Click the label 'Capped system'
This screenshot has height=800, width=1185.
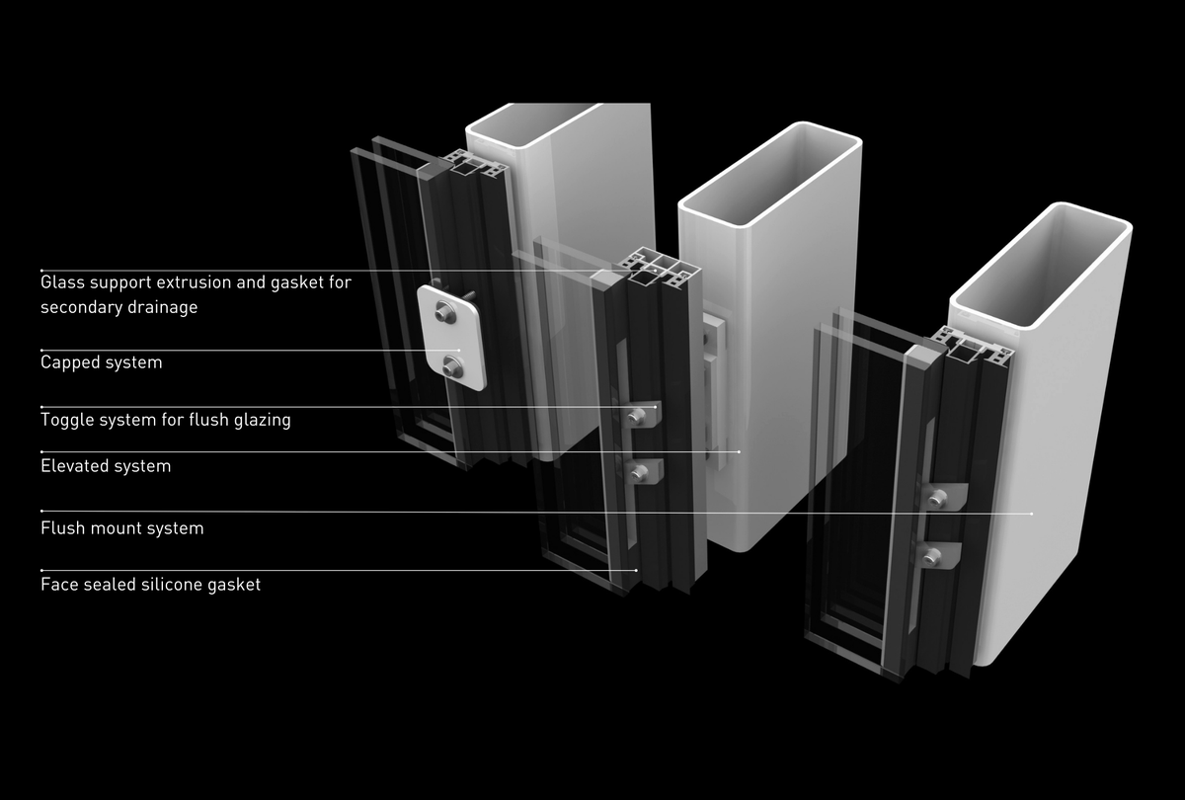coord(101,362)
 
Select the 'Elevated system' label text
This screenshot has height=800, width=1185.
coord(106,466)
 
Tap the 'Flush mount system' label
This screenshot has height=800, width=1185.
coord(122,528)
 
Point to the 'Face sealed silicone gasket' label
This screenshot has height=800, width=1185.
coord(150,585)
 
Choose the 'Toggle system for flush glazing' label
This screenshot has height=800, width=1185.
coord(165,420)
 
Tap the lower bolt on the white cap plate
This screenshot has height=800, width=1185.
coord(454,366)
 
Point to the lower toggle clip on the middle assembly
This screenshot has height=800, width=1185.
coord(643,473)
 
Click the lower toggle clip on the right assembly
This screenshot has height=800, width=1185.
coord(937,558)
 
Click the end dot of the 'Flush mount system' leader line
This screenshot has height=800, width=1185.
coord(1032,514)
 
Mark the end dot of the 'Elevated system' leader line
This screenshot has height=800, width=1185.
coord(740,452)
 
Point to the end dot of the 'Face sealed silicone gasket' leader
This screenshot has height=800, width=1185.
coord(637,571)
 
